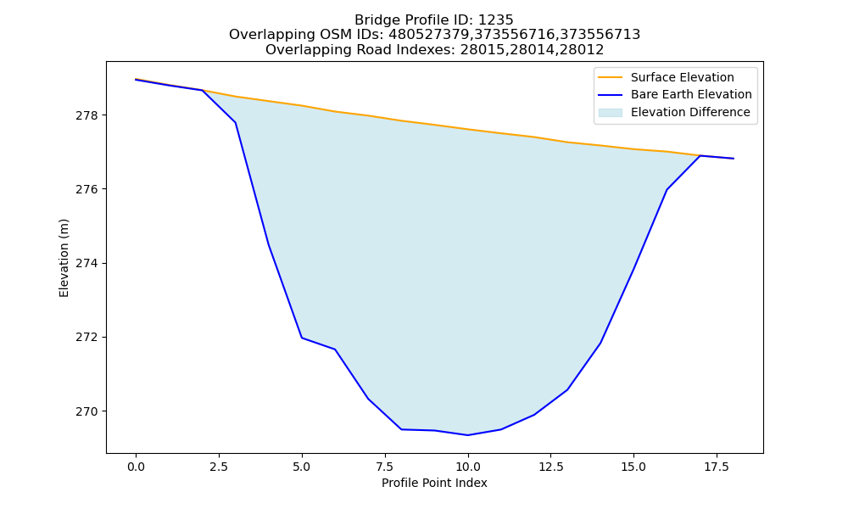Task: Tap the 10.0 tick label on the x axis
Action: [x=468, y=467]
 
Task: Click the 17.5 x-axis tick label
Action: [x=717, y=467]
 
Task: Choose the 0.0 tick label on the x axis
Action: [x=136, y=467]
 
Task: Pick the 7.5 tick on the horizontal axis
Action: [x=385, y=467]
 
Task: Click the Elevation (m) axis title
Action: [x=64, y=258]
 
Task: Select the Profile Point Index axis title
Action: [x=434, y=483]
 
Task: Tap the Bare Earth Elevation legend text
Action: [x=691, y=95]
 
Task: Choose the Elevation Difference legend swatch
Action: [x=610, y=113]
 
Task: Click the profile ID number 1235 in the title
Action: [x=496, y=20]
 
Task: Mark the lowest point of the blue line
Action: [x=468, y=435]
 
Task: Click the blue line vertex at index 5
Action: [x=302, y=338]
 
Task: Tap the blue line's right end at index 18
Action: [x=734, y=159]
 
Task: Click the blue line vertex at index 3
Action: [x=235, y=123]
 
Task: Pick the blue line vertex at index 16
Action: [x=667, y=190]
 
